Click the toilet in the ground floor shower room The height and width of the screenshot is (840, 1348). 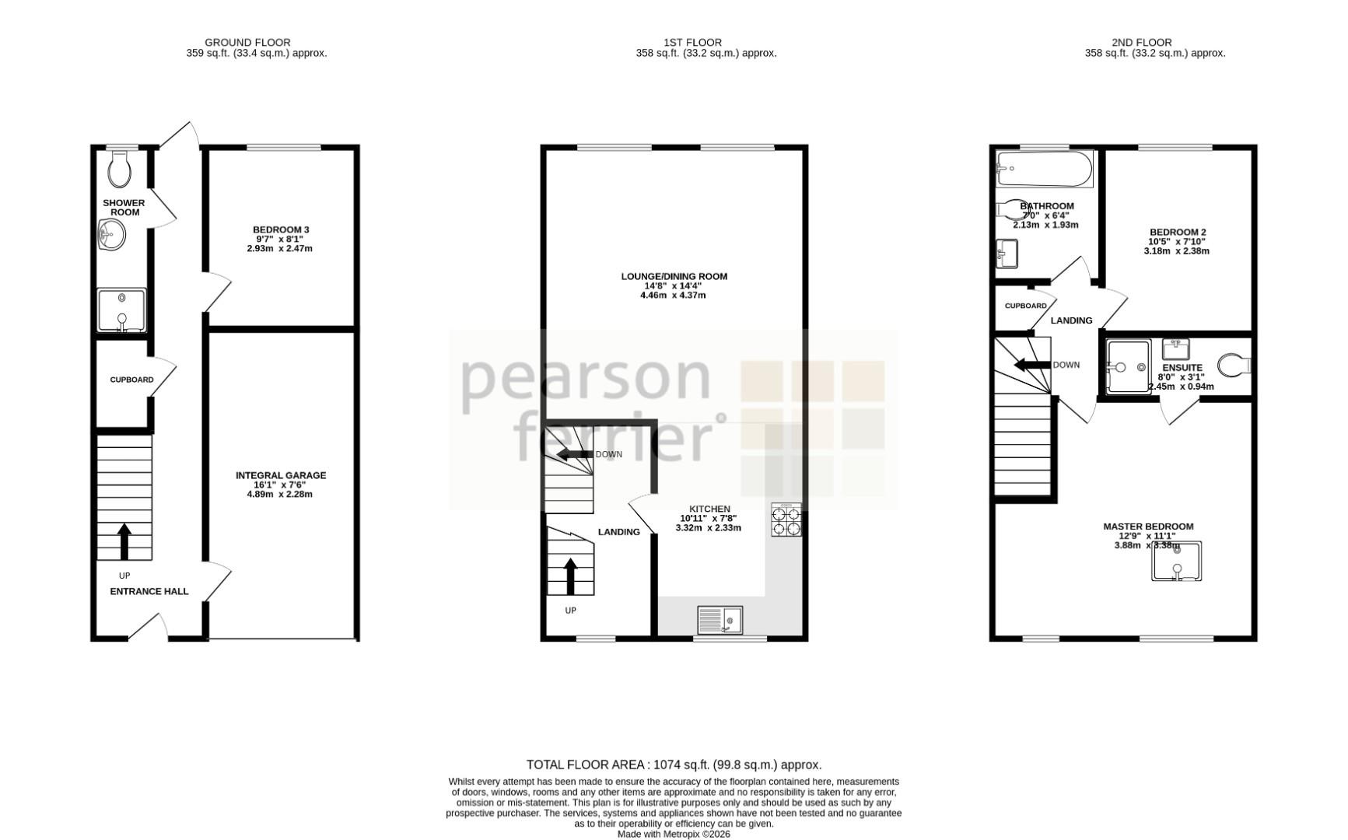point(119,169)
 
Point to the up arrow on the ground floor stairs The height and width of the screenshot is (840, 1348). point(124,541)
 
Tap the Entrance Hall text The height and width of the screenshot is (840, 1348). point(149,591)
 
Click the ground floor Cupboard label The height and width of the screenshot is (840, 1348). point(131,380)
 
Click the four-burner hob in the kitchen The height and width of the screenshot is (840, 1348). point(786,520)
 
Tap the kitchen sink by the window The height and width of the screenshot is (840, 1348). point(720,621)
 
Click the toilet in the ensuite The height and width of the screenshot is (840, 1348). point(1234,365)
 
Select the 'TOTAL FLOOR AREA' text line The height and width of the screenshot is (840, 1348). point(674,765)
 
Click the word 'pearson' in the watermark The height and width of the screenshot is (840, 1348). point(586,380)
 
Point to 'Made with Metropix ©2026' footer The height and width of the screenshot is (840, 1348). point(674,834)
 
